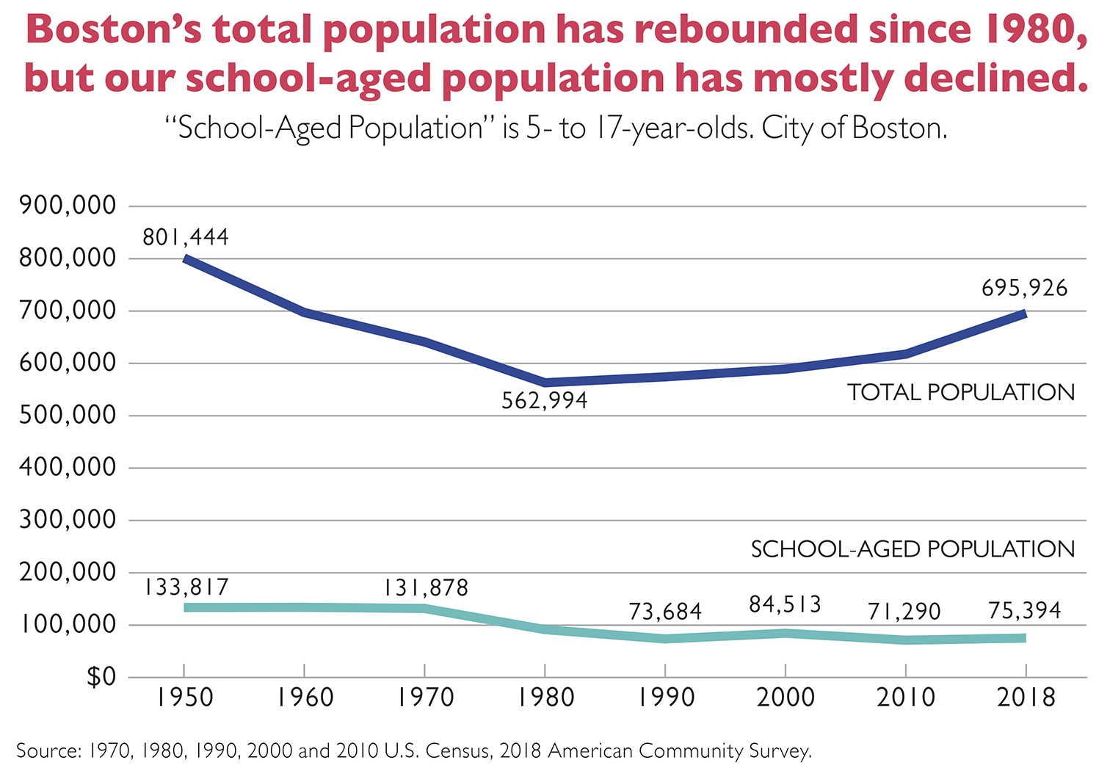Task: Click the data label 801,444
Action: click(x=186, y=237)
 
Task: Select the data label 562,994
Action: click(x=545, y=401)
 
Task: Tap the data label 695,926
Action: click(x=1025, y=288)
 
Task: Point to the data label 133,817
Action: click(x=186, y=587)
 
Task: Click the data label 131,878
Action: click(x=425, y=588)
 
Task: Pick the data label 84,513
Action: click(x=785, y=604)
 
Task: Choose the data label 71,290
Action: click(x=904, y=611)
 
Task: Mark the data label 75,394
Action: click(x=1025, y=610)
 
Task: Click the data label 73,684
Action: click(x=665, y=611)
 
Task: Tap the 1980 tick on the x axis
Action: click(x=545, y=697)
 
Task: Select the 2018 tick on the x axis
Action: click(x=1026, y=697)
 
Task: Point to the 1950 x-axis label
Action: click(x=184, y=697)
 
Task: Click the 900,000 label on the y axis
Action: click(x=68, y=206)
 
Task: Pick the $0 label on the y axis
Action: click(x=101, y=676)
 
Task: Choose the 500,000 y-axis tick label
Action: click(x=68, y=415)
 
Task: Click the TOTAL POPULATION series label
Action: click(x=961, y=393)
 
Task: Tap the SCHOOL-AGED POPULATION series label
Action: click(x=913, y=549)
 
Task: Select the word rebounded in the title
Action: click(x=741, y=30)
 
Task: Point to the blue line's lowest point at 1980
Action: click(x=545, y=383)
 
